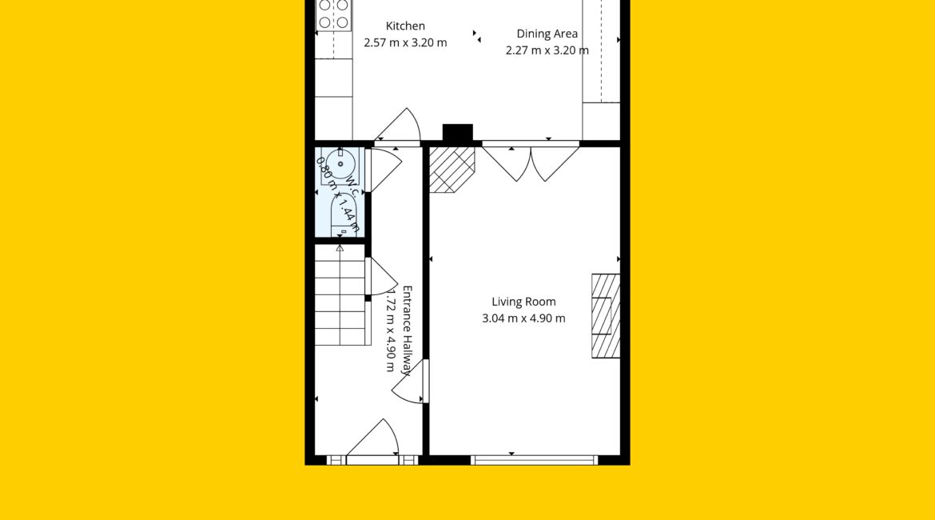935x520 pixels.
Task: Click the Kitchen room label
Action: click(405, 26)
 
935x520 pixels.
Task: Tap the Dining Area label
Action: click(547, 34)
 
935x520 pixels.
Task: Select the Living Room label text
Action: click(523, 302)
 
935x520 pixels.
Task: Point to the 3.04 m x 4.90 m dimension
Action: click(523, 318)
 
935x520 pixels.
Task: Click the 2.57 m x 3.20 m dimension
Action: click(405, 43)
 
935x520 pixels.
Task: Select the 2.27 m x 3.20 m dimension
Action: click(547, 50)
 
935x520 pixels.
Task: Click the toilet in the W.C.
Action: click(344, 215)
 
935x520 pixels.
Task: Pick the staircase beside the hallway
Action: click(340, 294)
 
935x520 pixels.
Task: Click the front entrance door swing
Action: click(373, 438)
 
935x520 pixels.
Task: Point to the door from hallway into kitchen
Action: click(397, 126)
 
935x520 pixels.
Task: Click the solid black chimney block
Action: click(457, 133)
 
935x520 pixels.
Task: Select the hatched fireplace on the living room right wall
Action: click(606, 316)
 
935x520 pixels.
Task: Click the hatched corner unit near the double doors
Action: click(452, 170)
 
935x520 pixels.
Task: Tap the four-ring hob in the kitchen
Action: click(333, 14)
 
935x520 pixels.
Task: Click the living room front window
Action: click(534, 460)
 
